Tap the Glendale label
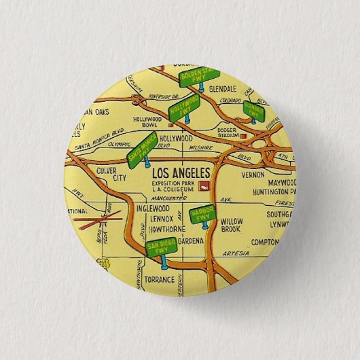click(223, 89)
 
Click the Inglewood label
click(152, 209)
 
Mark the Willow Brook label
click(232, 226)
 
